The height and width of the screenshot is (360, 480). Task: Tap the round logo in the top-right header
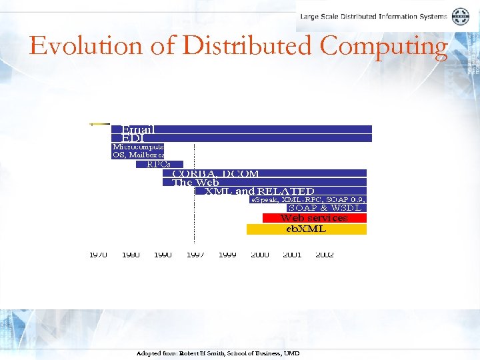pyautogui.click(x=461, y=17)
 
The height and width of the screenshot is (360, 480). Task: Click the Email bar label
pyautogui.click(x=138, y=129)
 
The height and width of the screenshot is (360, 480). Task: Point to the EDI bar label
pyautogui.click(x=133, y=138)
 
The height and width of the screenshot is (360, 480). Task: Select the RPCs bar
pyautogui.click(x=158, y=164)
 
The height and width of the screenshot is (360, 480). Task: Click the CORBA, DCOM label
pyautogui.click(x=215, y=173)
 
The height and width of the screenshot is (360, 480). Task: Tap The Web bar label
pyautogui.click(x=195, y=182)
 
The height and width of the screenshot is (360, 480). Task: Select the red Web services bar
pyautogui.click(x=314, y=218)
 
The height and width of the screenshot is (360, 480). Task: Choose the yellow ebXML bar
pyautogui.click(x=306, y=229)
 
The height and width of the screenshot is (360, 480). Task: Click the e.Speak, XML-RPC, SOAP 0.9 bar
pyautogui.click(x=308, y=199)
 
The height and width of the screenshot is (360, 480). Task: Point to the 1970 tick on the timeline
pyautogui.click(x=98, y=255)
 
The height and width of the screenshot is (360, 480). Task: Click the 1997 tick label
pyautogui.click(x=195, y=255)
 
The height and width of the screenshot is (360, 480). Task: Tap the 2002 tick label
pyautogui.click(x=325, y=255)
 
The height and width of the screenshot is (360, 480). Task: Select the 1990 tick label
pyautogui.click(x=163, y=255)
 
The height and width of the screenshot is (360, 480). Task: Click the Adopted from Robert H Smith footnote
pyautogui.click(x=217, y=353)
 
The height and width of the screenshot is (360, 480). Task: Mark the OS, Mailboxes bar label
pyautogui.click(x=138, y=155)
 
